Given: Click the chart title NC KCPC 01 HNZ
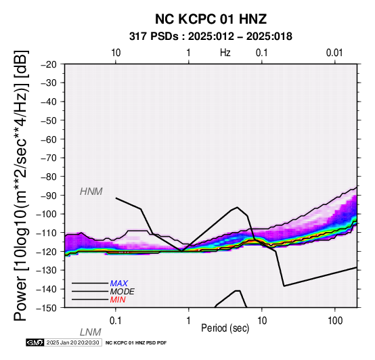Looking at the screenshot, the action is (211, 19).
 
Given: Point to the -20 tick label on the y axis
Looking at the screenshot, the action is (49, 64).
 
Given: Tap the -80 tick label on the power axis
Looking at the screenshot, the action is (49, 177).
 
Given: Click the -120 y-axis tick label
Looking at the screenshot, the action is (47, 252).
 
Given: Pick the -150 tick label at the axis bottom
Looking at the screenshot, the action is (47, 308).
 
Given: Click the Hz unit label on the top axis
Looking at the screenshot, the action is (225, 53).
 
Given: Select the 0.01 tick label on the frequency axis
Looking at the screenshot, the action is (334, 53).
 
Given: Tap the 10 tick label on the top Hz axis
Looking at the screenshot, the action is (116, 53).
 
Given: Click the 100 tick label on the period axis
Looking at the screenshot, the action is (335, 321).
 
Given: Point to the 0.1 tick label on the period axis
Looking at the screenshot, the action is (115, 321).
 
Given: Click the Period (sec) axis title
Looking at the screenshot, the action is (225, 328).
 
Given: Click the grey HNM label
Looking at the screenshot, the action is (91, 192).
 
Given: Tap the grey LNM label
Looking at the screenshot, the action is (91, 332).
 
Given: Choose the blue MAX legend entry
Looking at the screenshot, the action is (118, 284).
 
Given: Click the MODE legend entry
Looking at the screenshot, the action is (123, 292).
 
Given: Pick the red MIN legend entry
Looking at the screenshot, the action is (118, 300).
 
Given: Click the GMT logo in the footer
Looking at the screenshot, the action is (35, 342).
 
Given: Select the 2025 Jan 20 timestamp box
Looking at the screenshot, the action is (72, 342).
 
